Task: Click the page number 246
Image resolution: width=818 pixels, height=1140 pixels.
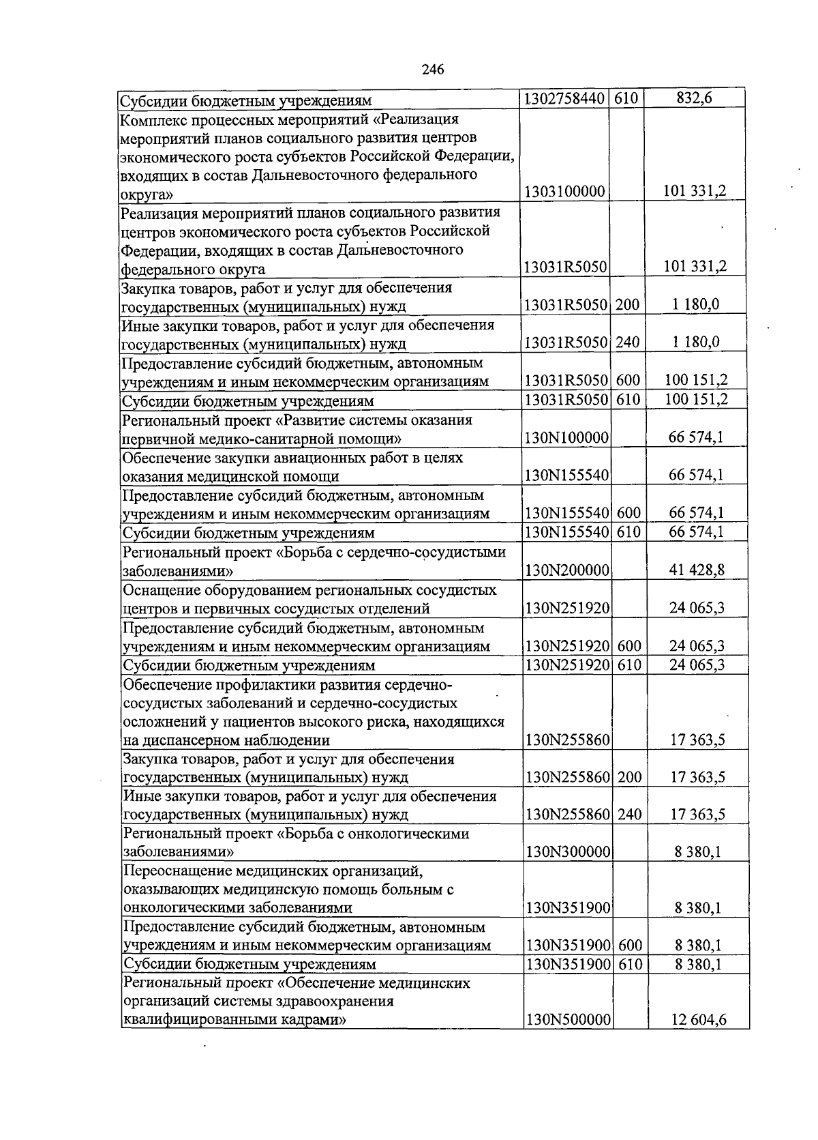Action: click(433, 70)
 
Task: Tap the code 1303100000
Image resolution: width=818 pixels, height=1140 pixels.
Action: click(564, 192)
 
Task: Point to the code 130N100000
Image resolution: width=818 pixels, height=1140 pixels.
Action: click(566, 438)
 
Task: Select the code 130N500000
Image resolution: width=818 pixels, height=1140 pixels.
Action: click(568, 1021)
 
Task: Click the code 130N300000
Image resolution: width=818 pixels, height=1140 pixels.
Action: click(567, 852)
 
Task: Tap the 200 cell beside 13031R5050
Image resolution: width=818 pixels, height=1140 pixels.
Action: click(627, 305)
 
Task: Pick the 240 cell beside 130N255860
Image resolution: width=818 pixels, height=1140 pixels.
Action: click(629, 815)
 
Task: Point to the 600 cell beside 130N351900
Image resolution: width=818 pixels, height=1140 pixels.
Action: click(630, 946)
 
